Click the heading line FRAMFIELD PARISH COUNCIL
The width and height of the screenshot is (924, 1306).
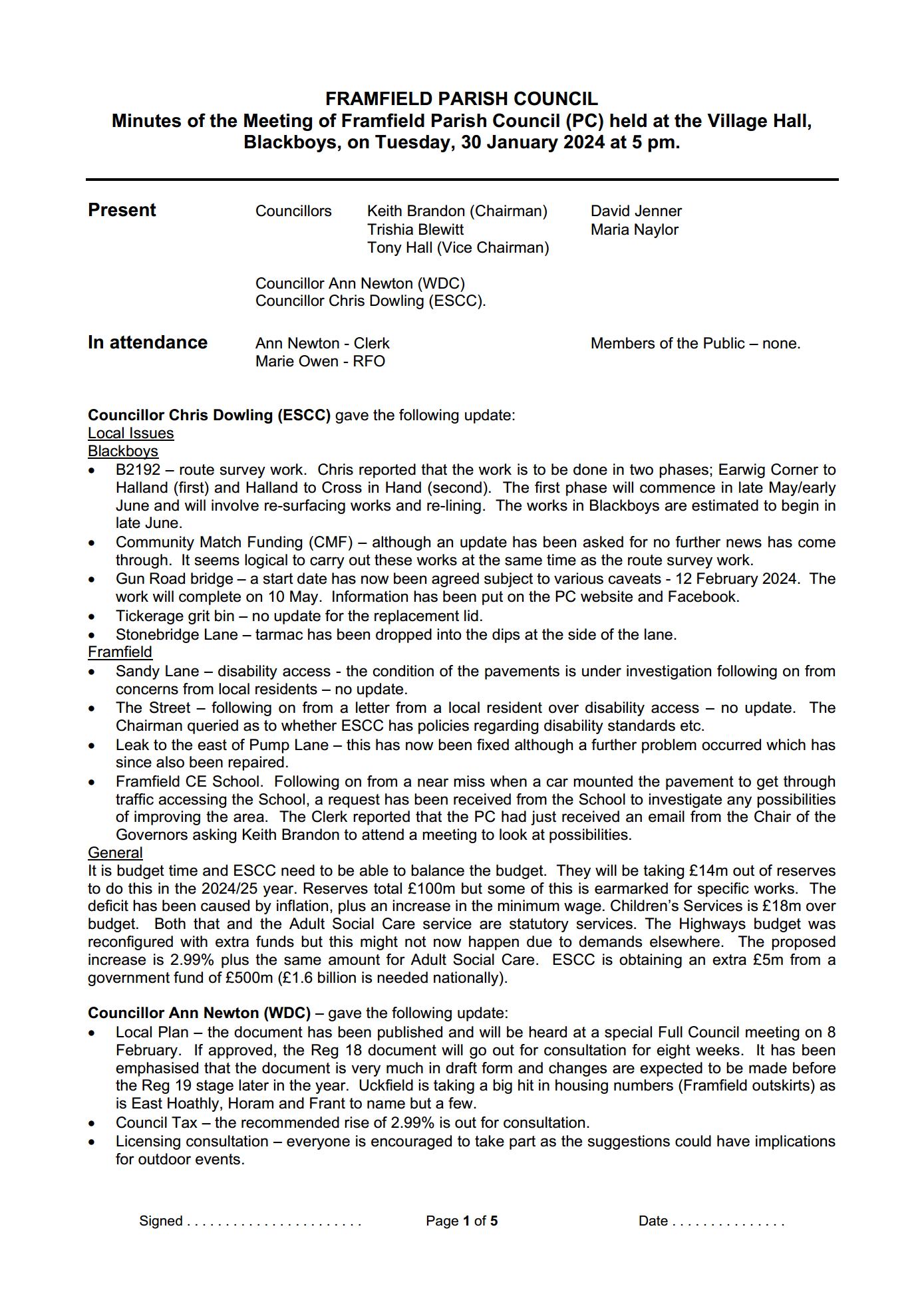(461, 99)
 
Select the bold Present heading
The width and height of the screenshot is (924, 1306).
(122, 210)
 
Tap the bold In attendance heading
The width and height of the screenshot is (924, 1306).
(148, 342)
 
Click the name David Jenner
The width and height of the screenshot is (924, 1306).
(636, 211)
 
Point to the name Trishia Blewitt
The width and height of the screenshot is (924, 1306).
(415, 229)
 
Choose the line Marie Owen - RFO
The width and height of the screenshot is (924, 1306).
(320, 361)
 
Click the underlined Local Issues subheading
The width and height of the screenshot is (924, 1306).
(130, 433)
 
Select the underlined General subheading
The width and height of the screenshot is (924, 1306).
(115, 852)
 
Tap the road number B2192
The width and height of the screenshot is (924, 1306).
(138, 469)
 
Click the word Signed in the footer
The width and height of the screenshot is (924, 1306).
(160, 1221)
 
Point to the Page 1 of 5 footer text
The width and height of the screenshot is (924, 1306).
(462, 1221)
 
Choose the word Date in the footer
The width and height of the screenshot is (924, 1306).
(653, 1221)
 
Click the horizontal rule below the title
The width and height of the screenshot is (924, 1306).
(462, 180)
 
